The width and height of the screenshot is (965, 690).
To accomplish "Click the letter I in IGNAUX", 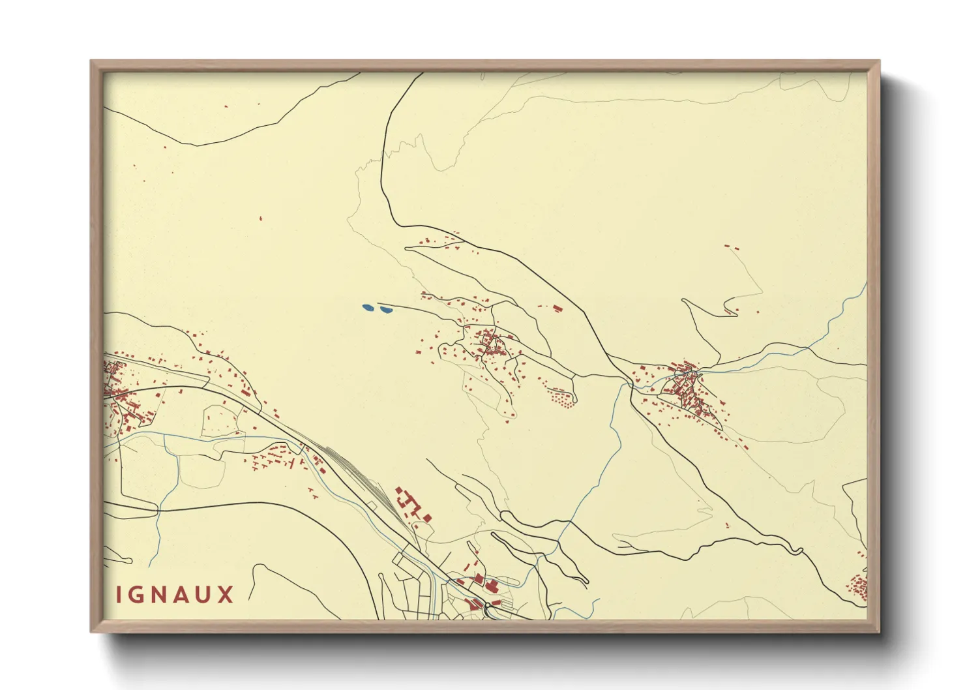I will point(111,595).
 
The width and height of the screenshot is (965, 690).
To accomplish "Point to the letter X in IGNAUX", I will point(226,595).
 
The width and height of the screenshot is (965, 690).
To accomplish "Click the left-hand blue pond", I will point(368,307).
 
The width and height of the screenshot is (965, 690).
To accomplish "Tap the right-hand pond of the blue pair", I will point(385,310).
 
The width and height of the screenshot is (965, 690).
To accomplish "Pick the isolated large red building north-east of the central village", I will point(557,307).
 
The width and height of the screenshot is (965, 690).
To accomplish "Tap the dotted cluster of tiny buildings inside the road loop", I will point(561,397).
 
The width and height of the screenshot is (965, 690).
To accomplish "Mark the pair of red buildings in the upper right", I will point(731,248).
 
